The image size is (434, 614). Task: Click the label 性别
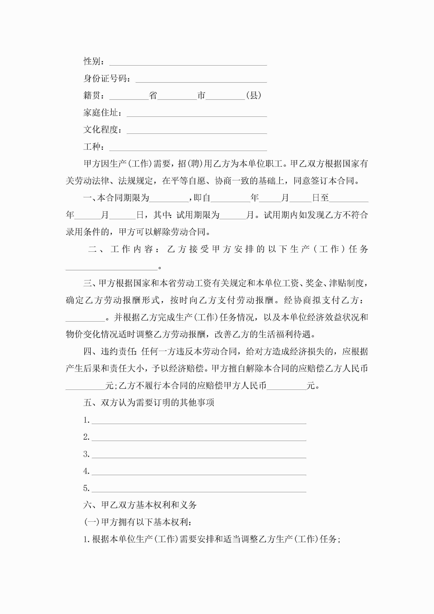pos(92,61)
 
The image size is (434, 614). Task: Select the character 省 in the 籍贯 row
pos(153,95)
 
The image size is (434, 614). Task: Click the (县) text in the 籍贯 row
pos(254,95)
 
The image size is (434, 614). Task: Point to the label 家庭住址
pos(101,113)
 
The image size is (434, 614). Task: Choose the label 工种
pos(92,146)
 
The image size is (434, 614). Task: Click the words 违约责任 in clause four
pos(118,351)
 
